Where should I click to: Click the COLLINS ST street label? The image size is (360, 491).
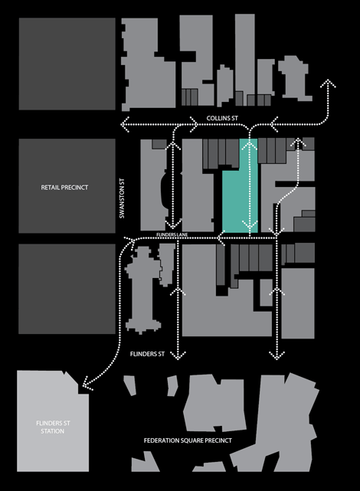click(x=222, y=118)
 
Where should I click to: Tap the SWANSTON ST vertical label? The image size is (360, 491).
click(x=122, y=198)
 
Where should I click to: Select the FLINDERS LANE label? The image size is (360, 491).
click(x=172, y=234)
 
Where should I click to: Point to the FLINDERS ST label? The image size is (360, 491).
click(x=147, y=354)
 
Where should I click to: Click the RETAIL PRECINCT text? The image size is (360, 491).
click(x=64, y=187)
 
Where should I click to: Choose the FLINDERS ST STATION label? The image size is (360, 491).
click(x=53, y=427)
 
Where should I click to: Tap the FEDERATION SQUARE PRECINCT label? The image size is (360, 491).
click(x=188, y=440)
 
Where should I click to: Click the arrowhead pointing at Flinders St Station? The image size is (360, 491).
click(x=87, y=385)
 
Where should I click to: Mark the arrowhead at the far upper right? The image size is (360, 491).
click(x=328, y=83)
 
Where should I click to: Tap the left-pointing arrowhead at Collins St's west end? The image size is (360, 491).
click(x=125, y=124)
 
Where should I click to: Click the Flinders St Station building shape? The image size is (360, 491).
click(x=53, y=421)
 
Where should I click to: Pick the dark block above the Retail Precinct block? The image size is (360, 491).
click(x=67, y=64)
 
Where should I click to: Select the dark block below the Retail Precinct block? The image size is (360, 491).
click(x=67, y=289)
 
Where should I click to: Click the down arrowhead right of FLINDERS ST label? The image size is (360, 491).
click(x=178, y=355)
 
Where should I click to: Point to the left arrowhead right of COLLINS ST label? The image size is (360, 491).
click(x=273, y=124)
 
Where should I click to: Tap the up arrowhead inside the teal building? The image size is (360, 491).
click(x=250, y=145)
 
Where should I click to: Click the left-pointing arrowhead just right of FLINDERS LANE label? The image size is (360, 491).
click(x=221, y=238)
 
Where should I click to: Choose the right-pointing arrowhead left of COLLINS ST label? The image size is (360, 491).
click(x=195, y=124)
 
